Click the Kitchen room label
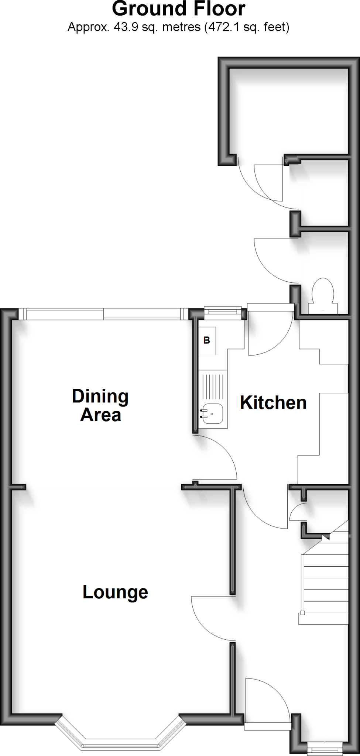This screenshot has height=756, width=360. (273, 403)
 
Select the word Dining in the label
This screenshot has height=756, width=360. (100, 396)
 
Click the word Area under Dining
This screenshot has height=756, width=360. (100, 415)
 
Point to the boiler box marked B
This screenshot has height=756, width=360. (207, 340)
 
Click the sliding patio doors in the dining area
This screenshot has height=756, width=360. (103, 314)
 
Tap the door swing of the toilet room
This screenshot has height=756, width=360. (273, 258)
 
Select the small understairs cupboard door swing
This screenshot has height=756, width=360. (297, 511)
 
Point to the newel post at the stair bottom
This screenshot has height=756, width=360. (302, 613)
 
